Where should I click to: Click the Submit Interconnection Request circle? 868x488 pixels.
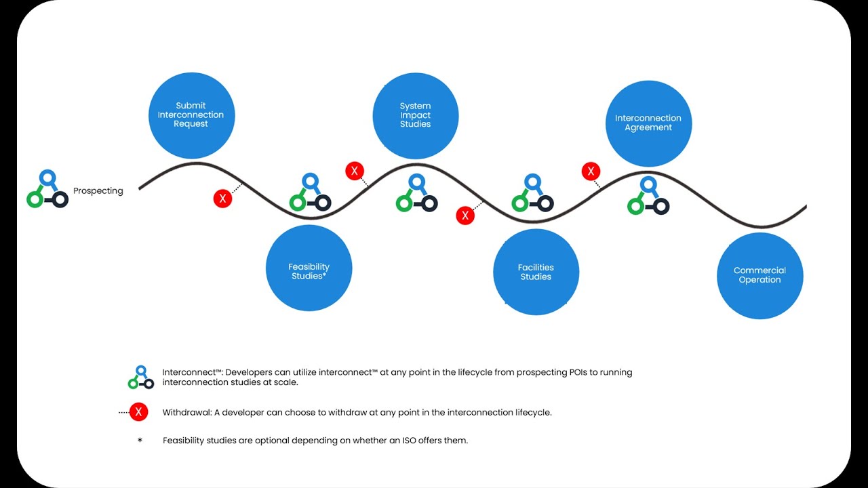pos(191,115)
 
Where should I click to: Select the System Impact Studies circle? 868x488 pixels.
pos(415,116)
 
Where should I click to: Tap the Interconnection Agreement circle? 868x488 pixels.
pos(648,123)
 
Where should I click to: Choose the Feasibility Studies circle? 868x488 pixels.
pos(309,268)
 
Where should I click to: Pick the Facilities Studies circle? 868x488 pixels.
pos(536,272)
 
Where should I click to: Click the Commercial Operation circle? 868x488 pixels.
pos(759,275)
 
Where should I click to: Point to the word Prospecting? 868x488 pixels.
pos(98,191)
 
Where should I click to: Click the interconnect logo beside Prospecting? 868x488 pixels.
pos(47,189)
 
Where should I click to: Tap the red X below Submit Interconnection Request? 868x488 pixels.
pos(222,199)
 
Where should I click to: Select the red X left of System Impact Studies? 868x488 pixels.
pos(354,171)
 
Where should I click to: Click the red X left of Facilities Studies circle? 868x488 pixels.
pos(465,216)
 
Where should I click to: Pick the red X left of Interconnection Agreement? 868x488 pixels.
pos(591,171)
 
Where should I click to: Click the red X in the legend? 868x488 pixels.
pos(138,411)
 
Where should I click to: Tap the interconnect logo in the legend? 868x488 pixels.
pos(141,378)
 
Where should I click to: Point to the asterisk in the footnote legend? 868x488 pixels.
pos(140,441)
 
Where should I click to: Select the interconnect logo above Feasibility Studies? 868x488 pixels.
pos(310,193)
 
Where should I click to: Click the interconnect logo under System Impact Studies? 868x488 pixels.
pos(416,193)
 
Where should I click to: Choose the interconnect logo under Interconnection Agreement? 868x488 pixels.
pos(648,197)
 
